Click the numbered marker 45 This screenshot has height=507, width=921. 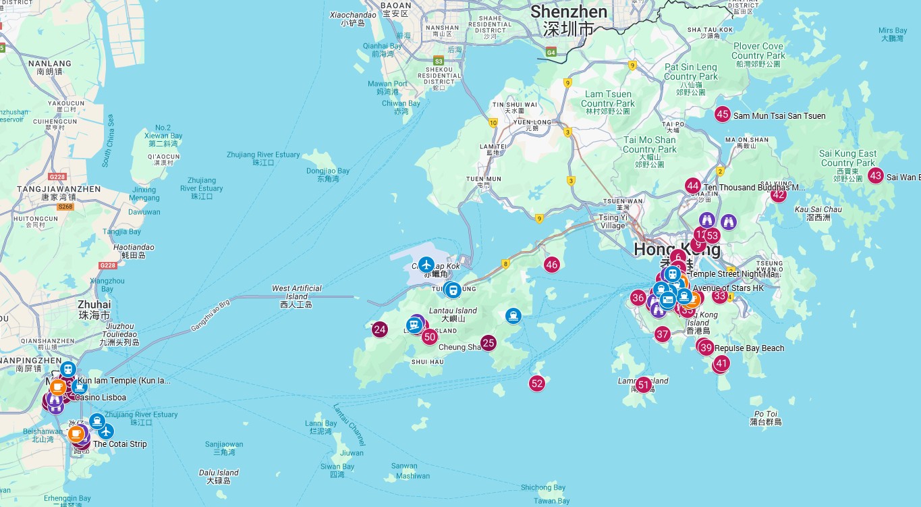pos(723,115)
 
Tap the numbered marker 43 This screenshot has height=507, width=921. pos(876,176)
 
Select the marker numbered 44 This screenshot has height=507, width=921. pos(692,186)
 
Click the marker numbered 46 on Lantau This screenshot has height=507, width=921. pos(552,265)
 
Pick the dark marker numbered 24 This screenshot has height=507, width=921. pos(380,329)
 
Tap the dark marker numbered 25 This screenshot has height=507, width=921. pos(489,343)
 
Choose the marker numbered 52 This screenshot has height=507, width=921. pos(537,383)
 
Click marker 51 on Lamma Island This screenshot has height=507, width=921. pos(644,385)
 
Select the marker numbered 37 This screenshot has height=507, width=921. pos(662,334)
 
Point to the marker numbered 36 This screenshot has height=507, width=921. pos(638,298)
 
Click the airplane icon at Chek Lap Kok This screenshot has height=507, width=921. pos(426,264)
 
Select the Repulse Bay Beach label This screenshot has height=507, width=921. pos(749,348)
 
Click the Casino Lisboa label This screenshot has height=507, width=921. pos(100,398)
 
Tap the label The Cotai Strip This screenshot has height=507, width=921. pos(119,444)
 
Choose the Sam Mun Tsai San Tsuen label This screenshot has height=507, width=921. pos(779,116)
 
